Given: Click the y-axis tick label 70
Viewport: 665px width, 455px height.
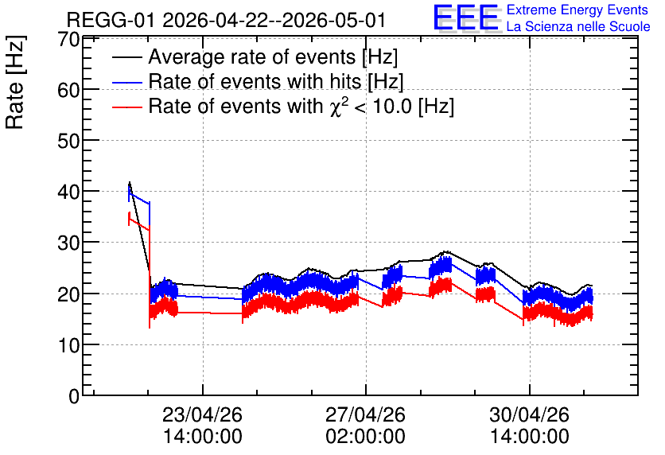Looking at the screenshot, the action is coord(68,40).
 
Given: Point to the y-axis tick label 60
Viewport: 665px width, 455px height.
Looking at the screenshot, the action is coord(68,90).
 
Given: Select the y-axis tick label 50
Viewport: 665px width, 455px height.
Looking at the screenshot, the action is coord(68,141).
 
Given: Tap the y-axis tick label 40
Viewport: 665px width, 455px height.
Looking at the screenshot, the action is coord(68,192).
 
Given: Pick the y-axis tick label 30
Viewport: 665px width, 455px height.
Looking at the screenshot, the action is coord(68,243).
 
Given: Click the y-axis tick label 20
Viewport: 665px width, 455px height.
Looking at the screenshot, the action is coord(68,294).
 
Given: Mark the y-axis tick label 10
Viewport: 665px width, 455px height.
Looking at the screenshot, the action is coord(68,345).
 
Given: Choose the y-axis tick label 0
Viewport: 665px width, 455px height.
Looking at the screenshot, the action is coord(74,396).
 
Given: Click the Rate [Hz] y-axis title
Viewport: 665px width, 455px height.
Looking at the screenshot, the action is coord(15,82).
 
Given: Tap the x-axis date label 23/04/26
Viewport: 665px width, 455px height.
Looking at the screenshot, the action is coord(202,414).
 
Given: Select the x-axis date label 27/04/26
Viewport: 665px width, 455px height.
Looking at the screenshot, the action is coord(365,414).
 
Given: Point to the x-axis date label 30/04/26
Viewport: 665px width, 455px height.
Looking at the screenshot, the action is coord(529,414).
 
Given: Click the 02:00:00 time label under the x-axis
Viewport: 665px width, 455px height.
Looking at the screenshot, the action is coord(365,437).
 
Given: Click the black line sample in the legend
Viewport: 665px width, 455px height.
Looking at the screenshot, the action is coord(126,57).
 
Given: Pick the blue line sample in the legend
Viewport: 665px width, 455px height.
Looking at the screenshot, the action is coord(126,82).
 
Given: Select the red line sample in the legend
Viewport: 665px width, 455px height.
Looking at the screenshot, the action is coord(126,107).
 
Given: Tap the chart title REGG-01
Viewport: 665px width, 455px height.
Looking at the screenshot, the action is coord(112,21).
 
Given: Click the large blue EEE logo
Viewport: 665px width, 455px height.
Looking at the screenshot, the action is coord(466,17).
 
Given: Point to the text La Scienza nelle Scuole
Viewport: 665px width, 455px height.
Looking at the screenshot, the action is coord(578,27).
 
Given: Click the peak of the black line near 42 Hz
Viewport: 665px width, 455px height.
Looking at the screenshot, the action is coord(130,182).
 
